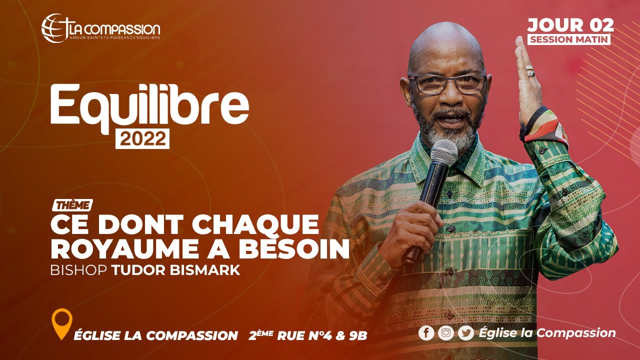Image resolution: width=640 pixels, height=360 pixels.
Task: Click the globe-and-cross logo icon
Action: coord(54,28)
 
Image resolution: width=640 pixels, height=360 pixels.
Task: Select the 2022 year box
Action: coord(142,138)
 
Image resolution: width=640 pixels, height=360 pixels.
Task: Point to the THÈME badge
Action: coord(72,205)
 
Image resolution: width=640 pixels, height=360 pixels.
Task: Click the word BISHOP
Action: coord(78,270)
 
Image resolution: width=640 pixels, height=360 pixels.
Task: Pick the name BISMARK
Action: coord(205,270)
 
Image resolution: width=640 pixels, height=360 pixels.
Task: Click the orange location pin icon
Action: coord(62,323)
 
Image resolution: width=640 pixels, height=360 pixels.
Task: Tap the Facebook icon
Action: coord(426,333)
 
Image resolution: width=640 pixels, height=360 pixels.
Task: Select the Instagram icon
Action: coord(446,333)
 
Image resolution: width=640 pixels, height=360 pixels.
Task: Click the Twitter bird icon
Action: coord(465,333)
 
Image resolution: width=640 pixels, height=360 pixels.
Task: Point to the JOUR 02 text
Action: coord(570,25)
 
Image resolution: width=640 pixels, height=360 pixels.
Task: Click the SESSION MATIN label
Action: coord(569,39)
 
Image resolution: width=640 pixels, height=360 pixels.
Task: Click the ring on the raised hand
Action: coord(530,70)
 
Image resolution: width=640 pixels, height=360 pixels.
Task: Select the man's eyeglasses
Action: coord(447,83)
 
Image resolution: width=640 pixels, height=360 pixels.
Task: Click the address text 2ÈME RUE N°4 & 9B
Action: coord(307,335)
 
